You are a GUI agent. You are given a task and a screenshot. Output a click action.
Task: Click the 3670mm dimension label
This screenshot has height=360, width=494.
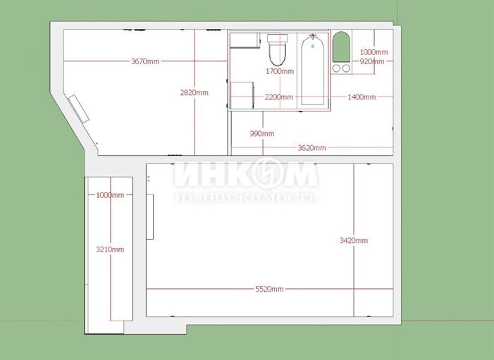pos(145,61)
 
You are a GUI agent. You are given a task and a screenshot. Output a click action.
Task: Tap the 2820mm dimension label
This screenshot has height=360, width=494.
pos(194,92)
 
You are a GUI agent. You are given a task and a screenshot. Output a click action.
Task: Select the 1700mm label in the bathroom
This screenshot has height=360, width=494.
pos(280,71)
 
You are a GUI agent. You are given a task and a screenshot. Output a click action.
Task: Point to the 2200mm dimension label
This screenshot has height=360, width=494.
pos(279,97)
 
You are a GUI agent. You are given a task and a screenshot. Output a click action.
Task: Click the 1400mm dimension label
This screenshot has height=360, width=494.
pos(362,97)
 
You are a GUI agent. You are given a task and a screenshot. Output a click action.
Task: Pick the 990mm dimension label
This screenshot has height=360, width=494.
pos(262,134)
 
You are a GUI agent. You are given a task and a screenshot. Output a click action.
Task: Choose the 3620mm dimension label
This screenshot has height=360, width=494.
pos(312,148)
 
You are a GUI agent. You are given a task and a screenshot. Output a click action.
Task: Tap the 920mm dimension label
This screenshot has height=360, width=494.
pos(372,61)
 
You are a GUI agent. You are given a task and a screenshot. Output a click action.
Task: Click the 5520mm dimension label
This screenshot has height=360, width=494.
pos(269,289)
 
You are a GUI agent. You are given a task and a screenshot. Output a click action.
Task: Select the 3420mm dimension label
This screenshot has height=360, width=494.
pos(354,241)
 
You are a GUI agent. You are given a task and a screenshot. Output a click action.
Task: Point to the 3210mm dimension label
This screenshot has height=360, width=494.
pos(110,249)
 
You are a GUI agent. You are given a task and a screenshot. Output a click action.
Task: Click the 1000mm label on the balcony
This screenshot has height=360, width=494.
pos(110,195)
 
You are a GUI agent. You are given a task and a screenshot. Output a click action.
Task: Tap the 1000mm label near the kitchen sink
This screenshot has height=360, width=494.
pos(373,52)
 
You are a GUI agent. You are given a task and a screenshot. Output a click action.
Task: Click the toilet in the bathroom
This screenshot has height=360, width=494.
pos(278,50)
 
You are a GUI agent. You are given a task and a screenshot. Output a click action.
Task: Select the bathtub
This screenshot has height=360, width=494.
pos(312,70)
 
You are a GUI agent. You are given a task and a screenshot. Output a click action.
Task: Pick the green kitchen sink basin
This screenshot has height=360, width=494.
pos(342,46)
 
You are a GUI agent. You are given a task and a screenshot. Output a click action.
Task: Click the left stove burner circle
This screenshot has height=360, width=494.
pos(336,68)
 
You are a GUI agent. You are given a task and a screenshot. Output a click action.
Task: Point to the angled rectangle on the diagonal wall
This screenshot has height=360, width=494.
pos(78,108)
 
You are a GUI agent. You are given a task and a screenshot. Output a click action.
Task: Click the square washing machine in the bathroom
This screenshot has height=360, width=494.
pos(242,95)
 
